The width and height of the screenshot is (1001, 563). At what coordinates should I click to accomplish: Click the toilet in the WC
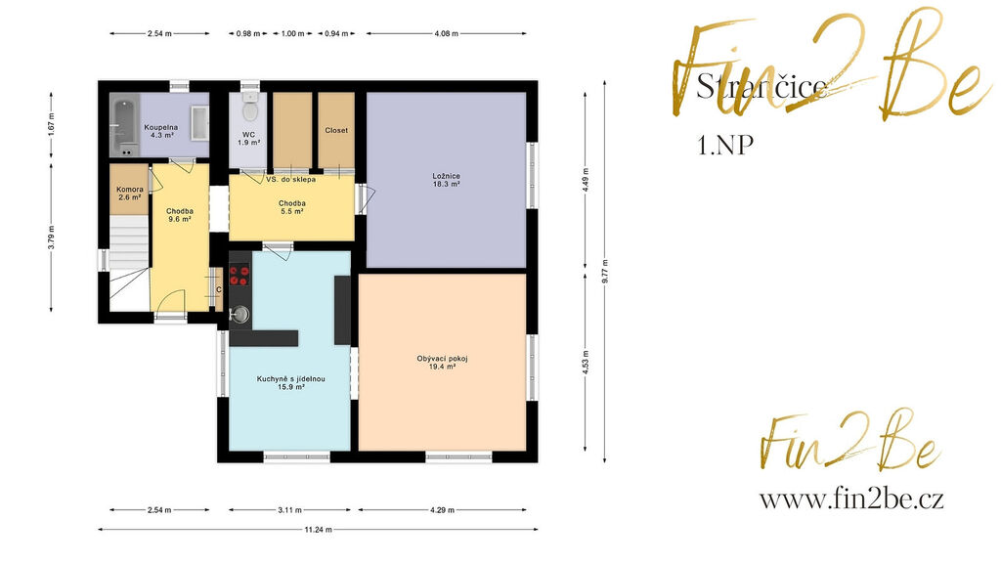[x=250, y=108]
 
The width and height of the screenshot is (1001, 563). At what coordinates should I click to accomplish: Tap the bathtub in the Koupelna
[x=123, y=125]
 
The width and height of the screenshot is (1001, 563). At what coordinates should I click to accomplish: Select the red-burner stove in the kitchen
[x=239, y=275]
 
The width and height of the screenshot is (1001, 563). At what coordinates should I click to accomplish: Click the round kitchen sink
[x=240, y=314]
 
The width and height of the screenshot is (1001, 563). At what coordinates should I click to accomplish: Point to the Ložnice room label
[x=446, y=180]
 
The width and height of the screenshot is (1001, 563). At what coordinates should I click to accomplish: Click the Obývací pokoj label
[x=443, y=363]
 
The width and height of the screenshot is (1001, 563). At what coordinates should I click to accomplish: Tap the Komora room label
[x=130, y=194]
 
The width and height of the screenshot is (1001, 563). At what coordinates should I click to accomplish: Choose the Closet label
[x=336, y=130]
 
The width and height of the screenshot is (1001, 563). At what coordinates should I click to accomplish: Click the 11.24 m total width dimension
[x=318, y=529]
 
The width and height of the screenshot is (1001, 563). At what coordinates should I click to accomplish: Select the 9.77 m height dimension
[x=604, y=272]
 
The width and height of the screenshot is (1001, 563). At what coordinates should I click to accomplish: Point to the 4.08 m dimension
[x=446, y=33]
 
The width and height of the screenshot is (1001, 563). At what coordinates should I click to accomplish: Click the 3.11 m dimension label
[x=289, y=510]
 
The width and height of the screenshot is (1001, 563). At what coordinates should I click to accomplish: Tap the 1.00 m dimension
[x=293, y=33]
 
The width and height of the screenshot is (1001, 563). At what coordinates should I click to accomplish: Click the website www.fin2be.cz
[x=851, y=499]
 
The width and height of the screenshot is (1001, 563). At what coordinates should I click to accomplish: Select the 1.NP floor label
[x=725, y=146]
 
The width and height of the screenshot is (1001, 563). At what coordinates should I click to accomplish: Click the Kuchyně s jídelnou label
[x=290, y=382]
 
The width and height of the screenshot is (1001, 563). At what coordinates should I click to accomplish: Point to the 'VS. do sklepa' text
[x=290, y=180]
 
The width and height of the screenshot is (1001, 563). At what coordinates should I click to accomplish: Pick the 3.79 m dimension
[x=51, y=238]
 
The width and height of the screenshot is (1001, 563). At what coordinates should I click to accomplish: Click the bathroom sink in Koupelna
[x=199, y=123]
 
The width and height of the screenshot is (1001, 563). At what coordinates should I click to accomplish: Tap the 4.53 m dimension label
[x=586, y=362]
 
